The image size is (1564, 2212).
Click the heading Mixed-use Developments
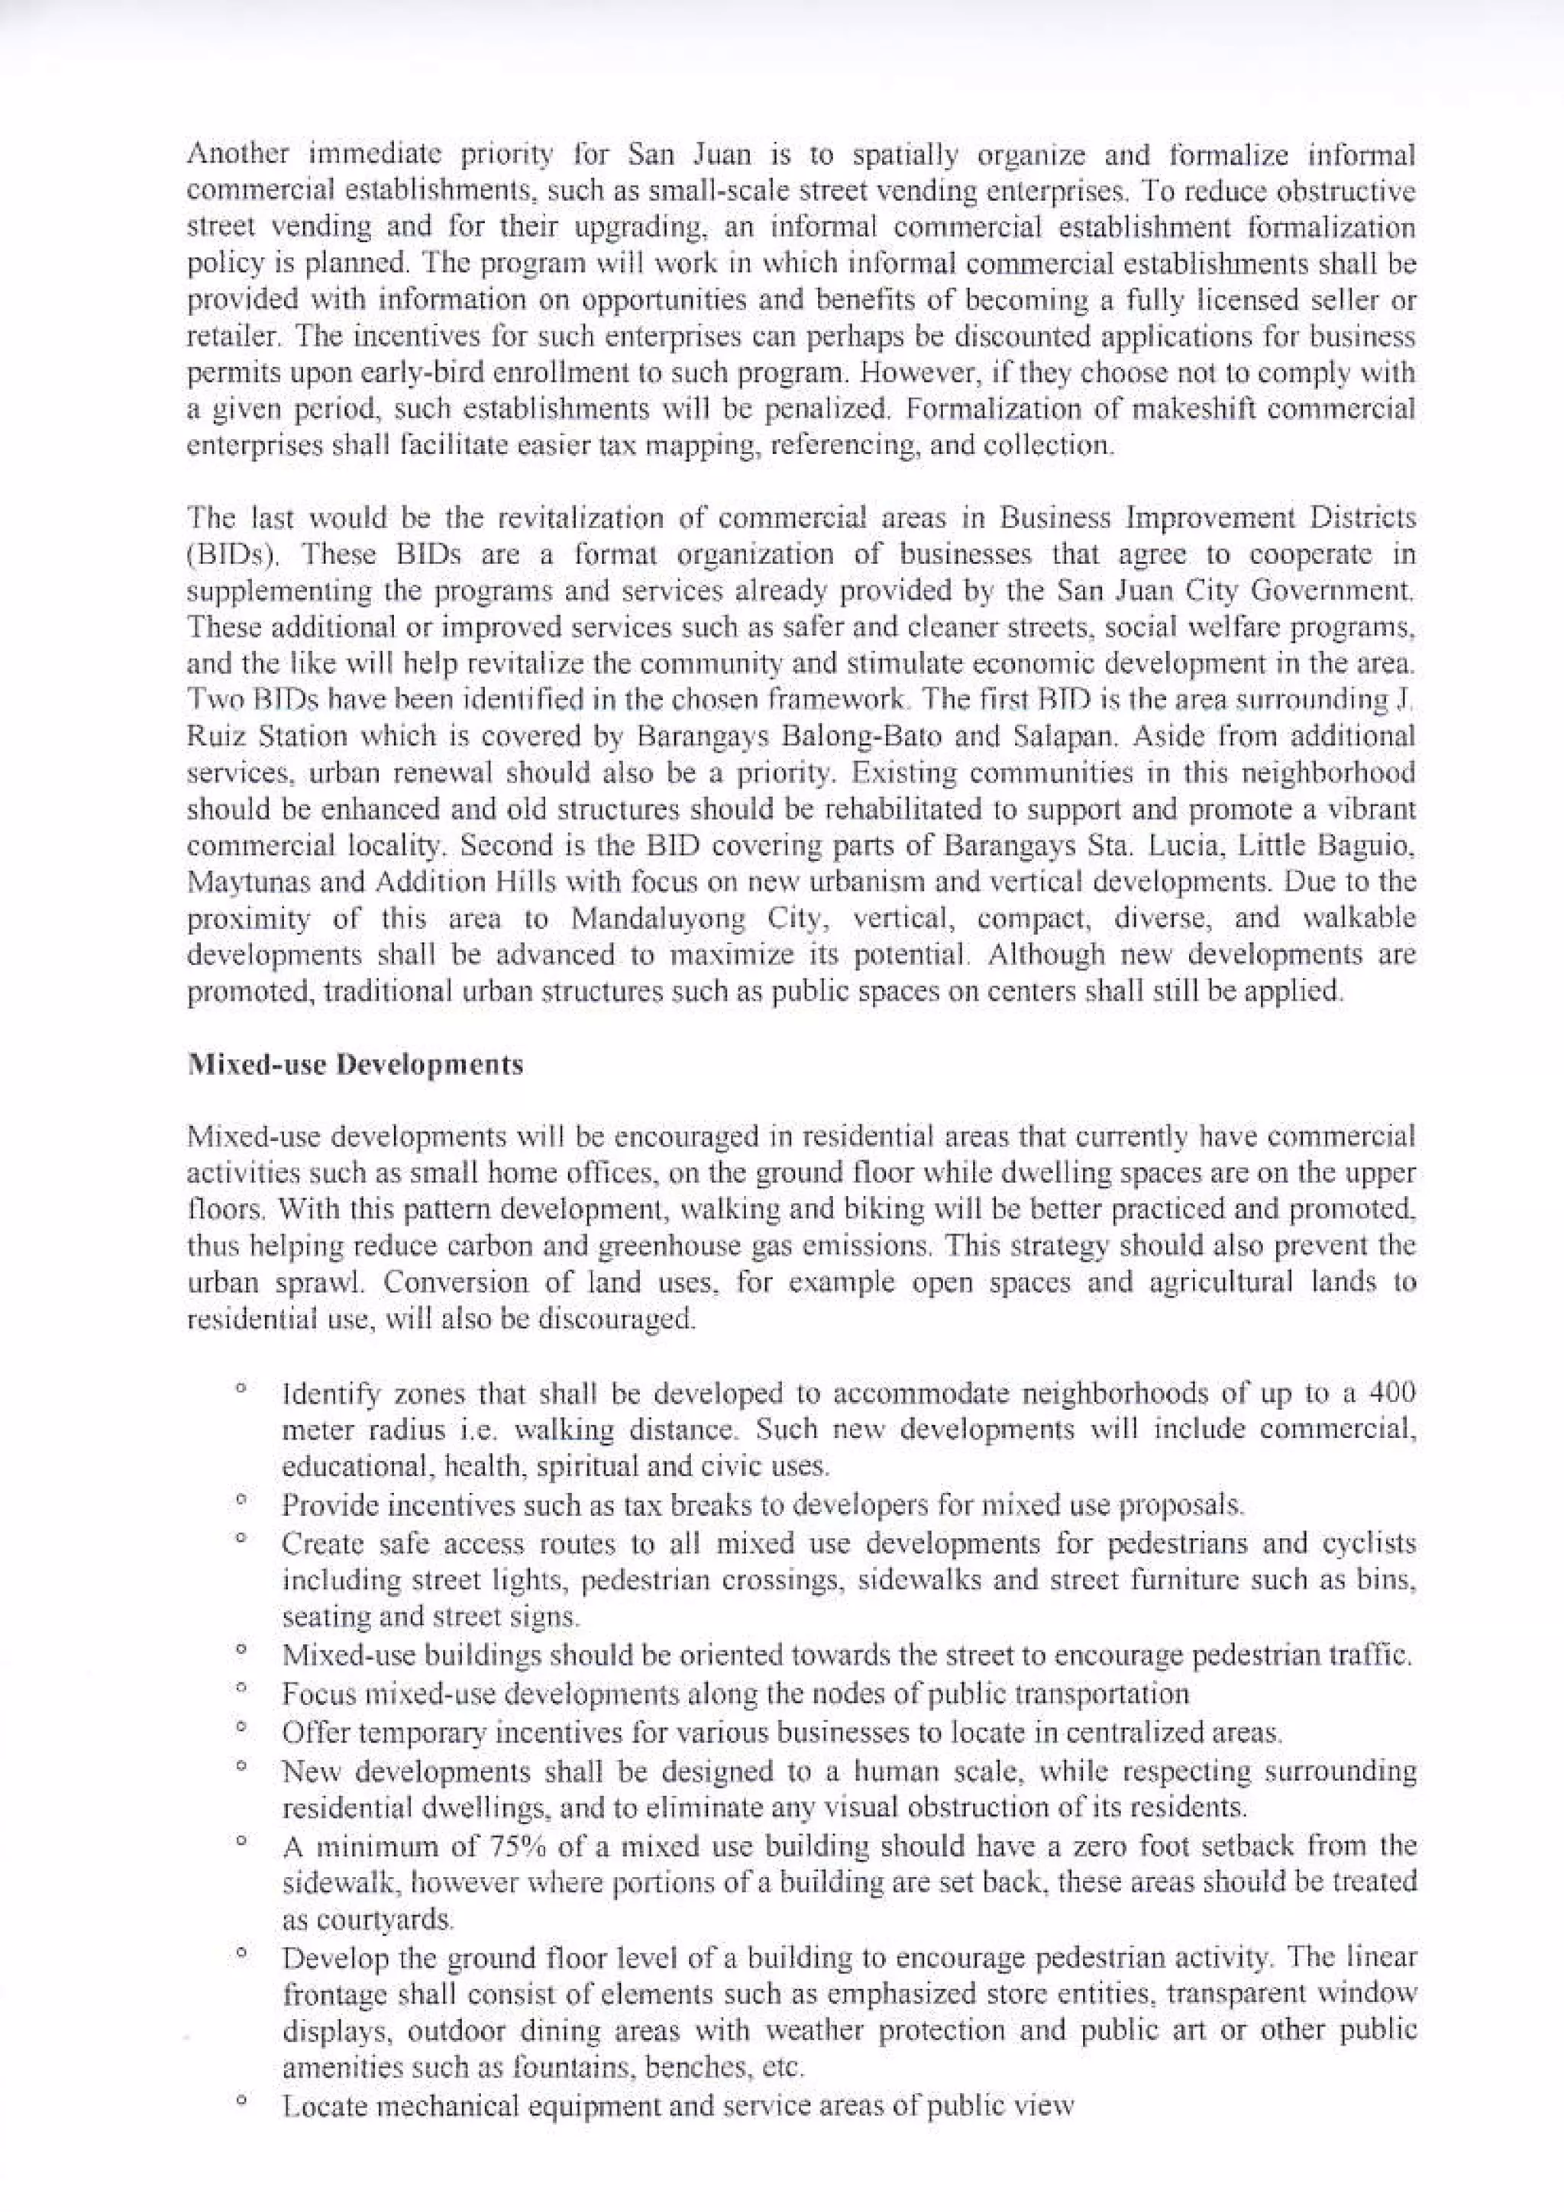(x=356, y=1066)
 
